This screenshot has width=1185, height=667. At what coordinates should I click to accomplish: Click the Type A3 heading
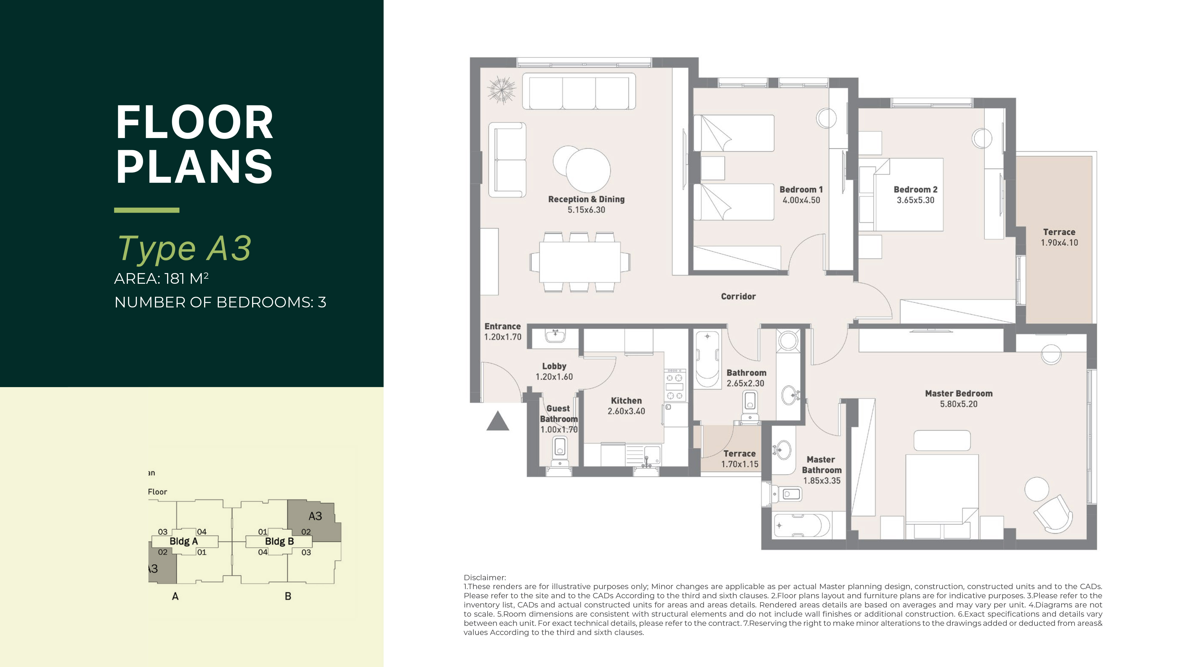click(184, 249)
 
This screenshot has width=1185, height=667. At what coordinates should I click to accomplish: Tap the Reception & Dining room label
click(586, 199)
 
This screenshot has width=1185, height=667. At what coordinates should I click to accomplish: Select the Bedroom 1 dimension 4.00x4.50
click(801, 200)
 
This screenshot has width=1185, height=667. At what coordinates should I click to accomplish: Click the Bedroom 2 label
click(915, 190)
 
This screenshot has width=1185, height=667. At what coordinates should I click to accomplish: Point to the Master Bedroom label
click(959, 393)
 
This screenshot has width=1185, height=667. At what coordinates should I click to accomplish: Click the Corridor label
click(738, 296)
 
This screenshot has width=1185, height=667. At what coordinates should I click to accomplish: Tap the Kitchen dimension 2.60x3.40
click(626, 411)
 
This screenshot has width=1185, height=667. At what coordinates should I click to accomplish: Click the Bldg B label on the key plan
click(279, 541)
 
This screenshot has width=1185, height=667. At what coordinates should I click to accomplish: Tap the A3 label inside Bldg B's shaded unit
click(315, 516)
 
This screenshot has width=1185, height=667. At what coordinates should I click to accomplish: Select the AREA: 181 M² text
click(161, 278)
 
